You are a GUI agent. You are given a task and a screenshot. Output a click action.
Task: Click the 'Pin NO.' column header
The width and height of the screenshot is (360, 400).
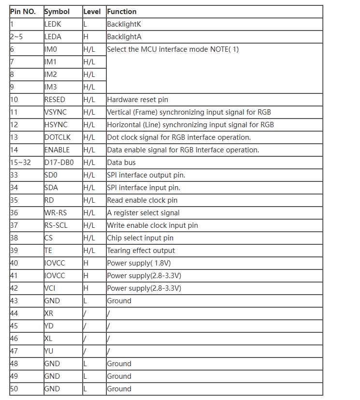coord(23,12)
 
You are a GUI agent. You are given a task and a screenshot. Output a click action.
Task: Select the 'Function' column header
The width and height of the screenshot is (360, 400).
coord(122,12)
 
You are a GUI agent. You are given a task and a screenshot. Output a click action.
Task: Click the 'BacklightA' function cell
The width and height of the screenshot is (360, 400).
coord(124,37)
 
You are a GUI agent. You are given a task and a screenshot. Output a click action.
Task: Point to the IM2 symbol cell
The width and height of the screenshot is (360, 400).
coord(50,74)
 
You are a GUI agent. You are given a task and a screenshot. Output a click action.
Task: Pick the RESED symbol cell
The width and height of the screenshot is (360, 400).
coord(55,100)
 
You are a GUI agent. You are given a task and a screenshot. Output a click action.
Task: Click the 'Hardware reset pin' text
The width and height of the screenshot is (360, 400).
coord(138,100)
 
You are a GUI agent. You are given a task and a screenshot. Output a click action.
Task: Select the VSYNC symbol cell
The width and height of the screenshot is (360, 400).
coord(56,112)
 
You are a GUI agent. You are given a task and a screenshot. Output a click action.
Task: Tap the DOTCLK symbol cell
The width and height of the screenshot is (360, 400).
coord(57,137)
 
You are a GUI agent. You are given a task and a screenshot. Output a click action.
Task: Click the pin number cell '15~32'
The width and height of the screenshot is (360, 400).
coord(20,163)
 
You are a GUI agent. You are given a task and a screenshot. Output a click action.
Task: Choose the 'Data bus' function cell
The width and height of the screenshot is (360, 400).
coord(121,163)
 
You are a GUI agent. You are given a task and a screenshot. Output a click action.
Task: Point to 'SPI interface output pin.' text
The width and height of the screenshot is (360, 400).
coord(146,175)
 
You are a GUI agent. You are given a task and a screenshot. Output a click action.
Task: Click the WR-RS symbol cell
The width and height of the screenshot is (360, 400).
coord(56,213)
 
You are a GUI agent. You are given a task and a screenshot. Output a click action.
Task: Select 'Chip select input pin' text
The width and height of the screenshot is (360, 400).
coord(140,238)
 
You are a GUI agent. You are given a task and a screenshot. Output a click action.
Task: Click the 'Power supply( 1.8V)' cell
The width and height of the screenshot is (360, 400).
coord(139,263)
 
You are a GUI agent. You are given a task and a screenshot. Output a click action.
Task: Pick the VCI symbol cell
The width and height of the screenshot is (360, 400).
coord(50,288)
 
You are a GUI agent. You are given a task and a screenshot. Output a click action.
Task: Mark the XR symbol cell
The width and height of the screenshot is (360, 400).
coord(49,313)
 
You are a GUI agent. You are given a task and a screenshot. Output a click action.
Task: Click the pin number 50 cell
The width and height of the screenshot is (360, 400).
coord(14,389)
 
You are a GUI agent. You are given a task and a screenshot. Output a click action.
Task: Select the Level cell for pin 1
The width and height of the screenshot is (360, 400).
coord(86,24)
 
